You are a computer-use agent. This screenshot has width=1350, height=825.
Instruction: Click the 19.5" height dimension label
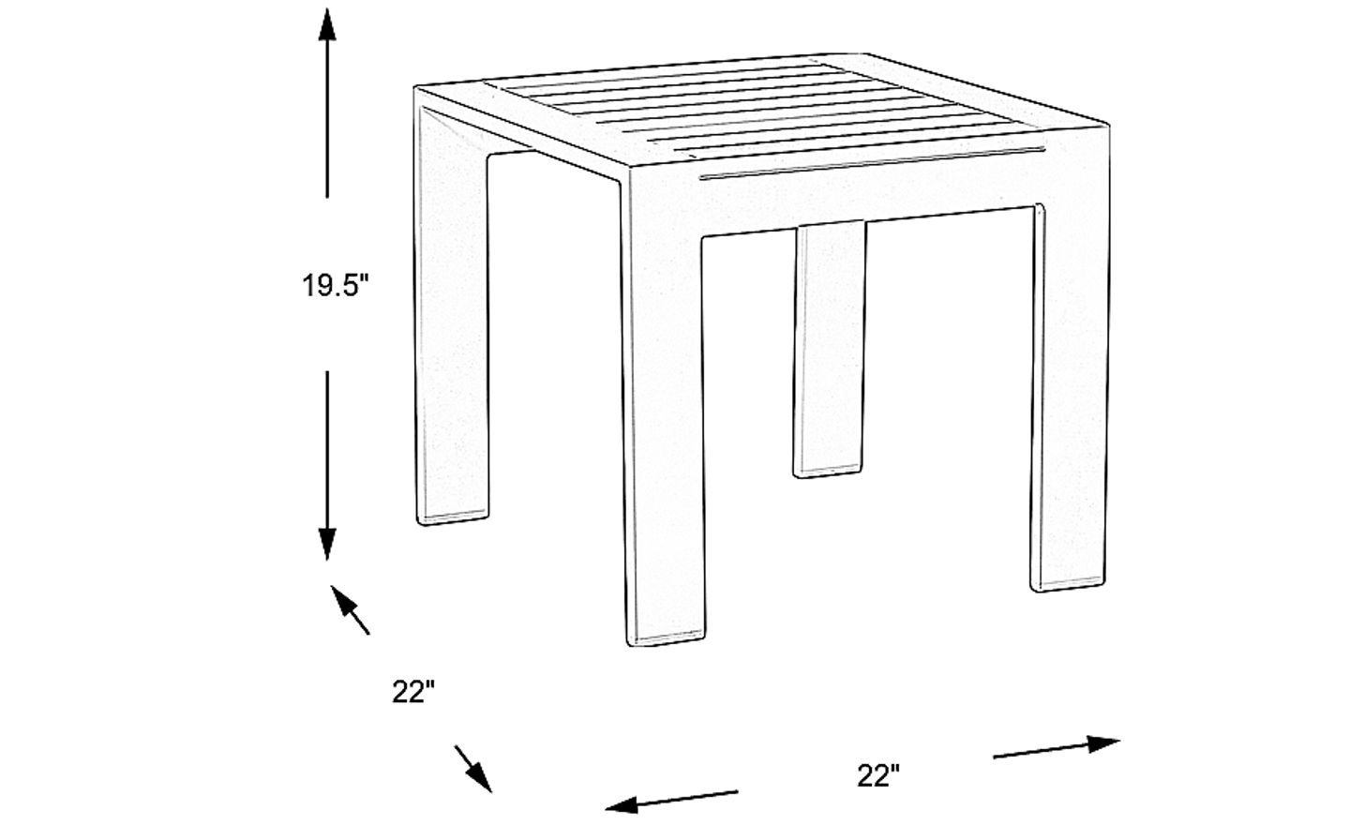click(x=334, y=285)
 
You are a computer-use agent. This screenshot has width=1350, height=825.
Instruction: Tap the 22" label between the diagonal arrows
click(x=412, y=692)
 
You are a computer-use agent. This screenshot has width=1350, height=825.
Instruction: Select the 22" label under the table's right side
click(x=878, y=775)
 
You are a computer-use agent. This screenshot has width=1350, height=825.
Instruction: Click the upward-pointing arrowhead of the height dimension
click(x=327, y=25)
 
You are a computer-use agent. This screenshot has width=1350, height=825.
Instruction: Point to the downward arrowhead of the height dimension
click(x=327, y=544)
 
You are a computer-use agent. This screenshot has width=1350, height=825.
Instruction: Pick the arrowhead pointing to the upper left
click(x=341, y=600)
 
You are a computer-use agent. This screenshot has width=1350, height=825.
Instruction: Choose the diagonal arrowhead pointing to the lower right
click(x=480, y=777)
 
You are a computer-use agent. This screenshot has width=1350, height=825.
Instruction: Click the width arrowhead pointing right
click(x=1102, y=743)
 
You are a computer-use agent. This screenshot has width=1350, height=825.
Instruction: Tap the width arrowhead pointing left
click(x=622, y=804)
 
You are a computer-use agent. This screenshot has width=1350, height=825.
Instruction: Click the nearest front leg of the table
click(x=664, y=422)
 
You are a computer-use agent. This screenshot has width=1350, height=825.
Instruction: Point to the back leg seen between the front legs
click(x=830, y=350)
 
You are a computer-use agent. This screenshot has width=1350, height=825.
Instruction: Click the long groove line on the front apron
click(x=872, y=163)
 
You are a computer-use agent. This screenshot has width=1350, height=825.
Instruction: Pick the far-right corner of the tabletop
click(x=1108, y=125)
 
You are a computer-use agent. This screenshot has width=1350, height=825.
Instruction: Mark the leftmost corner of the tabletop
click(x=416, y=88)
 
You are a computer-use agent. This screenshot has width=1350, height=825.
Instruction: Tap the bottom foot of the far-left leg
click(x=452, y=518)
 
